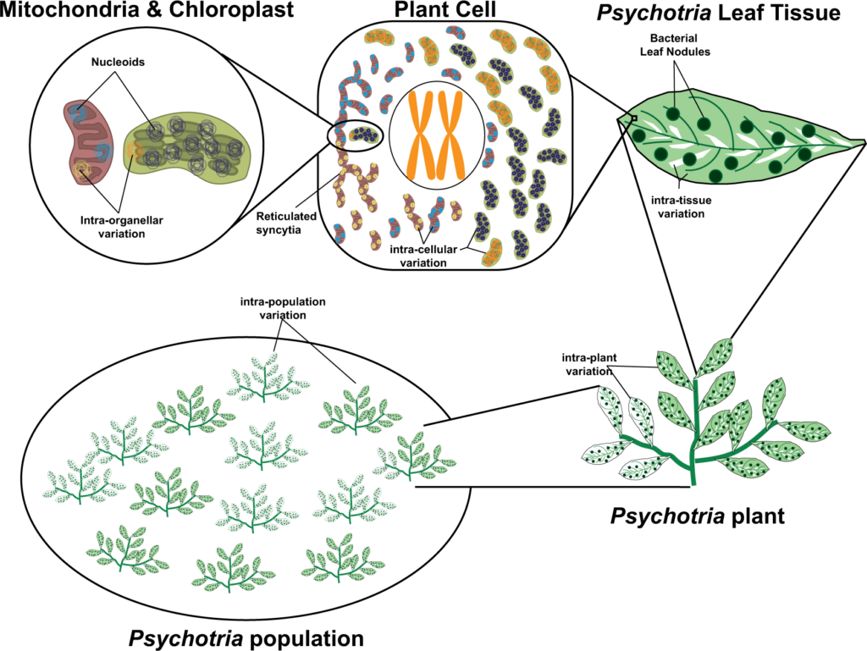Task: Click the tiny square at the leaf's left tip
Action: click(x=632, y=119)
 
